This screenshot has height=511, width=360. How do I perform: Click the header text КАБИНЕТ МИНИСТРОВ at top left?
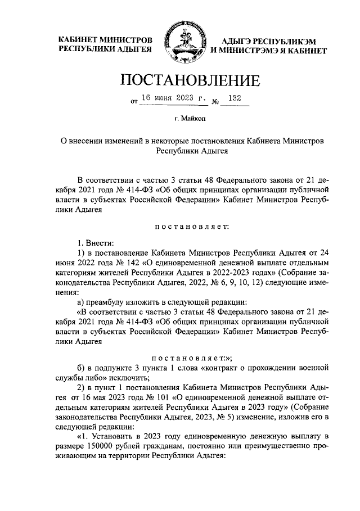[x=106, y=41]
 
